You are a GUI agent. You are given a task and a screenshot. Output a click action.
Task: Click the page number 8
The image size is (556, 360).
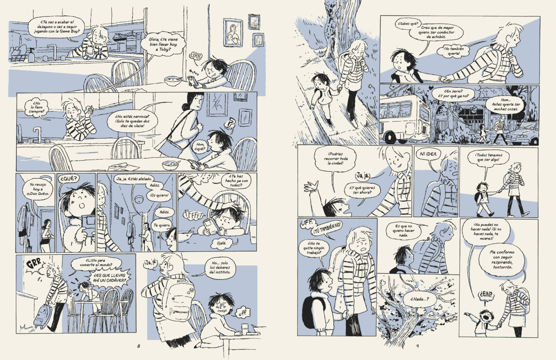[139, 346]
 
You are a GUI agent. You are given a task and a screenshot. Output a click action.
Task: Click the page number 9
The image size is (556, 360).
[417, 346]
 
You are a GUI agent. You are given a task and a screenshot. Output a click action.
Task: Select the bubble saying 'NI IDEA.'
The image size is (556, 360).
[428, 154]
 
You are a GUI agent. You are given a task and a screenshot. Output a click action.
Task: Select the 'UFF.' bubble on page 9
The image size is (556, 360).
[307, 224]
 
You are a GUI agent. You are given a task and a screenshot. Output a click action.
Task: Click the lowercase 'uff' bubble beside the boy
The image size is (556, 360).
[243, 313]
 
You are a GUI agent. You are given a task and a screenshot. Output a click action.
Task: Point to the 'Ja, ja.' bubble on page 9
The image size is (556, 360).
[362, 175]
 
